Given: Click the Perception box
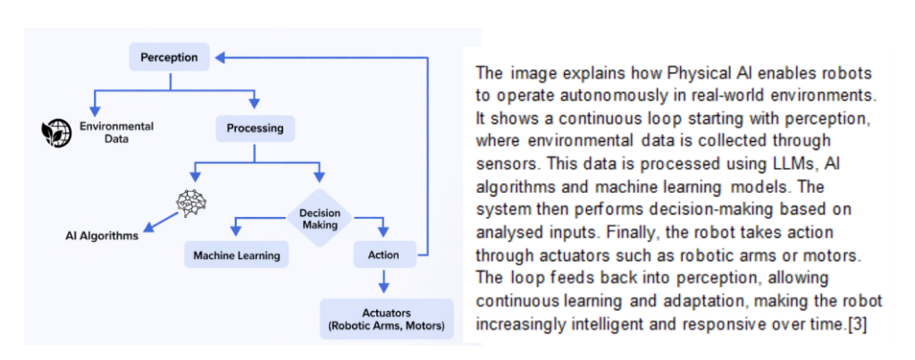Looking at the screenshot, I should click(x=170, y=58).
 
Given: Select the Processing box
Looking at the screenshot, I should click(x=255, y=128).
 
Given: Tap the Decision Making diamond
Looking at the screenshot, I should click(x=319, y=218).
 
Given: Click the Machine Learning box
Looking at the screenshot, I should click(x=237, y=255).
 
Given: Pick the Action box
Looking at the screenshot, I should click(x=383, y=255).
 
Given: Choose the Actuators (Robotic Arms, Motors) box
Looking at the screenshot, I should click(x=387, y=319).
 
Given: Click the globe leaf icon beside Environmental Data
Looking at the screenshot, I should click(x=57, y=133).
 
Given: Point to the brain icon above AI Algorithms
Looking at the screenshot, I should click(x=190, y=204).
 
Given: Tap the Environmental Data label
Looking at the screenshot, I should click(x=116, y=133).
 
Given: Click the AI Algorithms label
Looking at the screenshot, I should click(x=102, y=237).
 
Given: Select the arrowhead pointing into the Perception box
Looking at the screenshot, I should click(x=222, y=58).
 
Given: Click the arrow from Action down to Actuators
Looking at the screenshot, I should click(x=383, y=281).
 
